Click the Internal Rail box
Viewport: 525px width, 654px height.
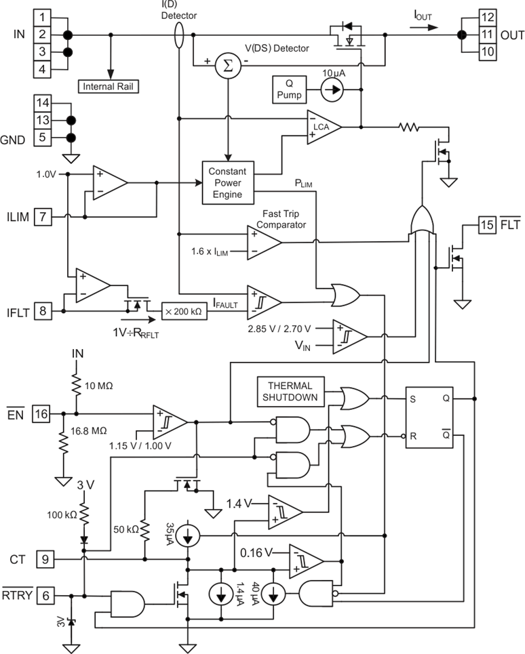tap(109, 87)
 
